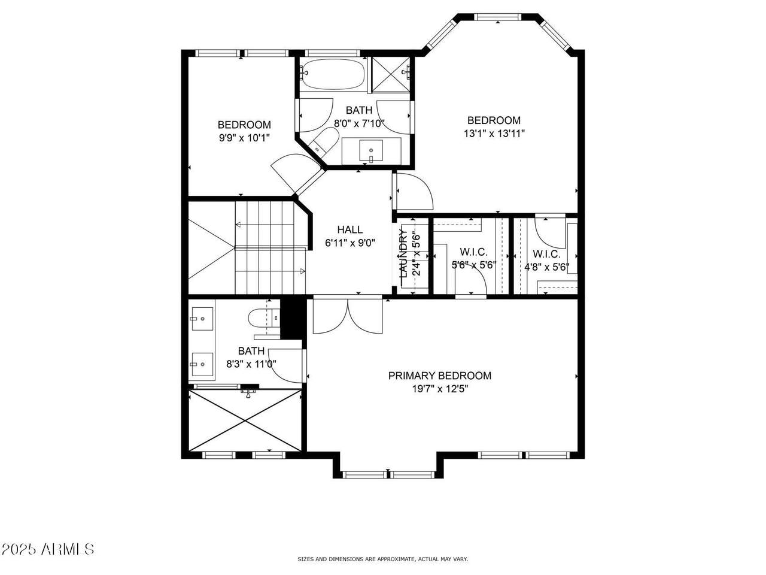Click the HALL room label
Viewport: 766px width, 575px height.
tap(349, 229)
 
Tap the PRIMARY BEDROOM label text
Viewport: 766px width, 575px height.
tap(440, 376)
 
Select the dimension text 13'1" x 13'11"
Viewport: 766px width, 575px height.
tap(494, 134)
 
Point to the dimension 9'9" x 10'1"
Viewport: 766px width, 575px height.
tap(244, 138)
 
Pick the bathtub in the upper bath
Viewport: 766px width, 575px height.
tap(333, 74)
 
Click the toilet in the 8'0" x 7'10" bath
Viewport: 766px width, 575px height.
tap(324, 140)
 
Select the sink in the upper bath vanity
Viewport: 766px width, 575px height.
tap(371, 150)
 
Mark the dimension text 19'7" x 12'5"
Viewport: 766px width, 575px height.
tap(440, 389)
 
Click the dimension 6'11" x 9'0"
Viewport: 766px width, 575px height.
tap(349, 243)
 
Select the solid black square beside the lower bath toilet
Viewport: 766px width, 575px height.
tap(292, 319)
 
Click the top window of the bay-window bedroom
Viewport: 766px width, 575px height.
tap(498, 17)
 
